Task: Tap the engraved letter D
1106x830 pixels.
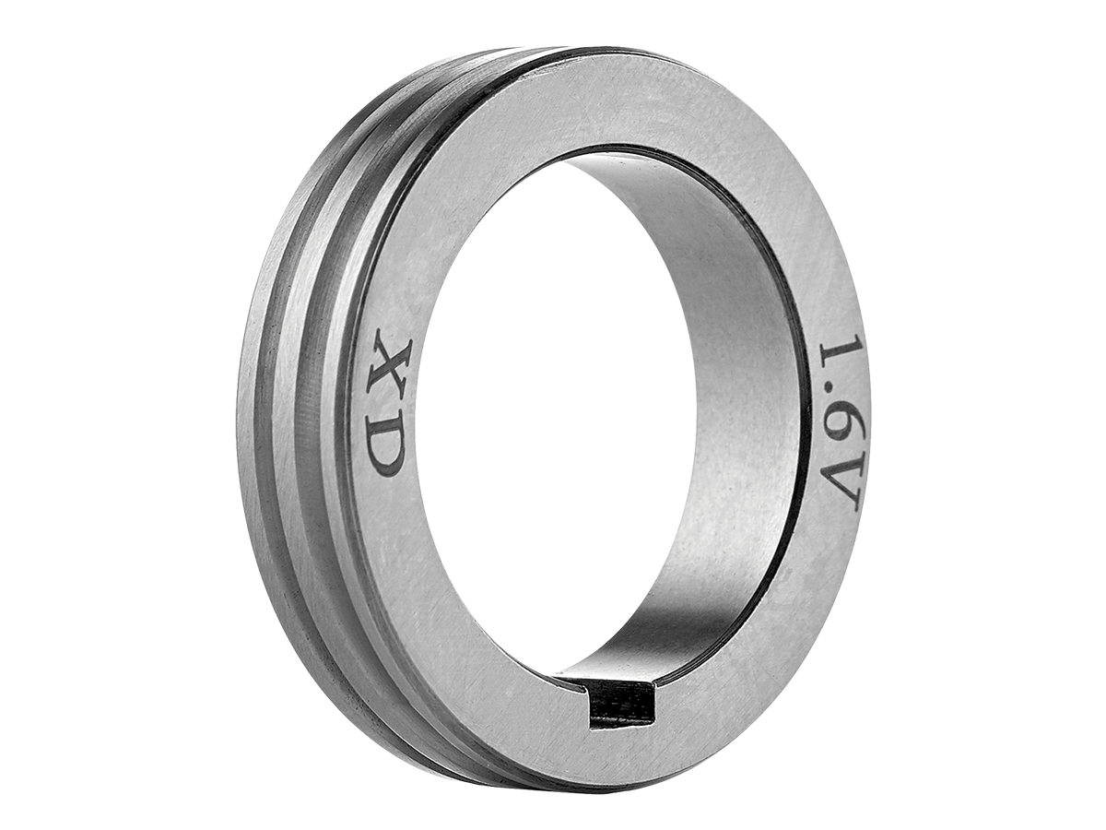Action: [x=386, y=432]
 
